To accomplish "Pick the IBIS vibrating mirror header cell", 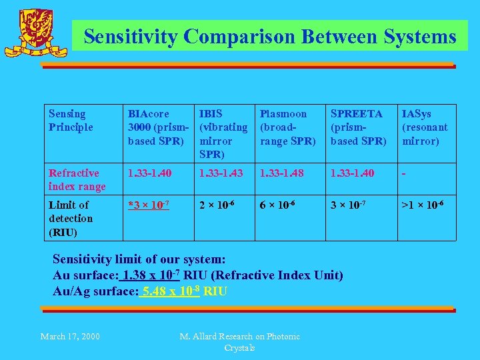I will pos(223,133).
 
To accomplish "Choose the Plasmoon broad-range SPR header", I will pos(287,127).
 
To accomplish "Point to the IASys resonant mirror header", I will pos(425,127).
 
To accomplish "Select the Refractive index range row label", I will pos(77,179).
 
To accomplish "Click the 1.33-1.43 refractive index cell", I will pos(220,173).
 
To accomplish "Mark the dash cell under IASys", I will pos(404,173).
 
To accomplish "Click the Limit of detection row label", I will pos(71,218).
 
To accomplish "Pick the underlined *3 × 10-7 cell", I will pos(149,205).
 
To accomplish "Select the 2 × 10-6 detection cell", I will pos(217,205).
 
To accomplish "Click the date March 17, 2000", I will pos(70,336).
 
